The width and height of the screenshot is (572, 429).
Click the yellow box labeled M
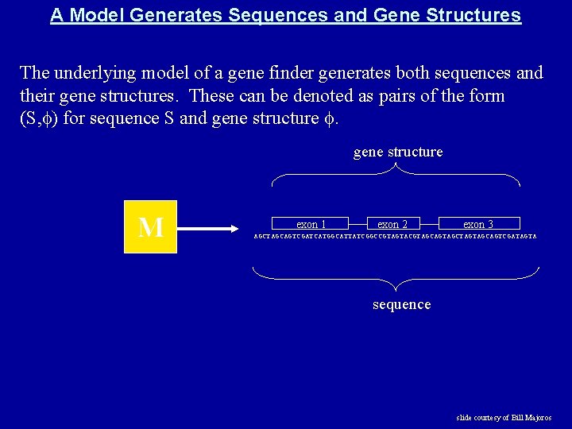(x=150, y=227)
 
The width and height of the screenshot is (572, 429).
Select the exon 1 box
(x=311, y=224)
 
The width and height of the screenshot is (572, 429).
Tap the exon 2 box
(x=392, y=224)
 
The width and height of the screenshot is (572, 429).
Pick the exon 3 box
(x=478, y=224)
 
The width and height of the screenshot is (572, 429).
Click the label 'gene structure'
(x=398, y=153)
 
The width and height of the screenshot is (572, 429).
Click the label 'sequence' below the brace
(x=402, y=305)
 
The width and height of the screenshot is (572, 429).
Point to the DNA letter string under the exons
(x=395, y=237)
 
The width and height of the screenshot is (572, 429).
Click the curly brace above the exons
(x=396, y=176)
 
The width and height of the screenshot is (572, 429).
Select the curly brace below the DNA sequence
(x=401, y=276)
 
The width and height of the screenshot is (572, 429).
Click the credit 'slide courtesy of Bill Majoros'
(x=504, y=417)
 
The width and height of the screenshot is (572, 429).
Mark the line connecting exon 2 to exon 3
(x=428, y=224)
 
